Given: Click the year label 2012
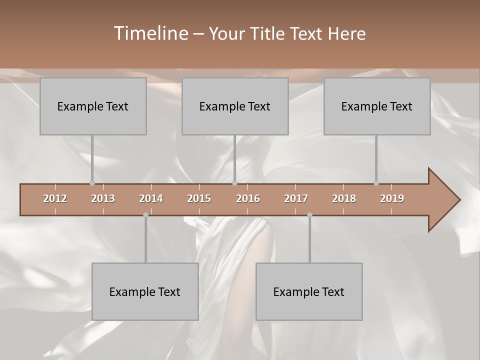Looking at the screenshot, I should [55, 198].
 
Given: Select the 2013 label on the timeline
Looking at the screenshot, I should [103, 198].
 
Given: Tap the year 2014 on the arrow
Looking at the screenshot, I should [151, 198].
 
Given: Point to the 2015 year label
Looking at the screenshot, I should [199, 198].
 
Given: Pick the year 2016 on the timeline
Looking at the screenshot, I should [248, 198].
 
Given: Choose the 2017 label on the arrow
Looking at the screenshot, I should [296, 198].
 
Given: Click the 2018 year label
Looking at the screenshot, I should [344, 198].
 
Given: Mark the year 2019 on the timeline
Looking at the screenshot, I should [392, 198].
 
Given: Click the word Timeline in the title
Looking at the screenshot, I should [151, 33].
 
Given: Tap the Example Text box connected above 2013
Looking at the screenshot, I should [93, 106].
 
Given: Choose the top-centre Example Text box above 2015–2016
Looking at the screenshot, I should [235, 106].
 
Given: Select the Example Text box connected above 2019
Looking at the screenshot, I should [377, 106].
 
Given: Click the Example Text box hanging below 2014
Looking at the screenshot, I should [145, 292].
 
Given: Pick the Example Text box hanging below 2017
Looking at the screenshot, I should [309, 292].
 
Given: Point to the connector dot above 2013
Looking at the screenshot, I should [92, 183].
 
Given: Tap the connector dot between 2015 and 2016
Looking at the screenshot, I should [234, 183].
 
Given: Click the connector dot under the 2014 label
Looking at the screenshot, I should [145, 215].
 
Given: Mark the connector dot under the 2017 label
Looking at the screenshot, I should [309, 215].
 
